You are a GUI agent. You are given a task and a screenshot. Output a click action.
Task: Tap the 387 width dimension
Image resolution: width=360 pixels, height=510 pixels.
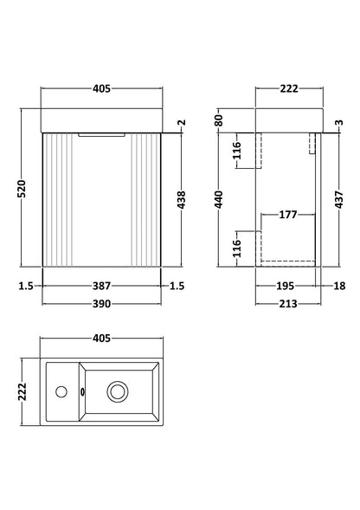[102, 285]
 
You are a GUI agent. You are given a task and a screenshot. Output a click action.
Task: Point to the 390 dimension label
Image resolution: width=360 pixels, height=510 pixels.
[102, 309]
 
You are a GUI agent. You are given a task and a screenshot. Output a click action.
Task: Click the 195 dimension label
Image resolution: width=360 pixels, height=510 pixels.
[286, 285]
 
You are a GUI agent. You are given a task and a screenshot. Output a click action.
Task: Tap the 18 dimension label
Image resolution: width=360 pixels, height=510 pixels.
[340, 285]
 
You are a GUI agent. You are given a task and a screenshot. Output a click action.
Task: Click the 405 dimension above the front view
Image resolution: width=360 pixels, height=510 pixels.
[102, 89]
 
